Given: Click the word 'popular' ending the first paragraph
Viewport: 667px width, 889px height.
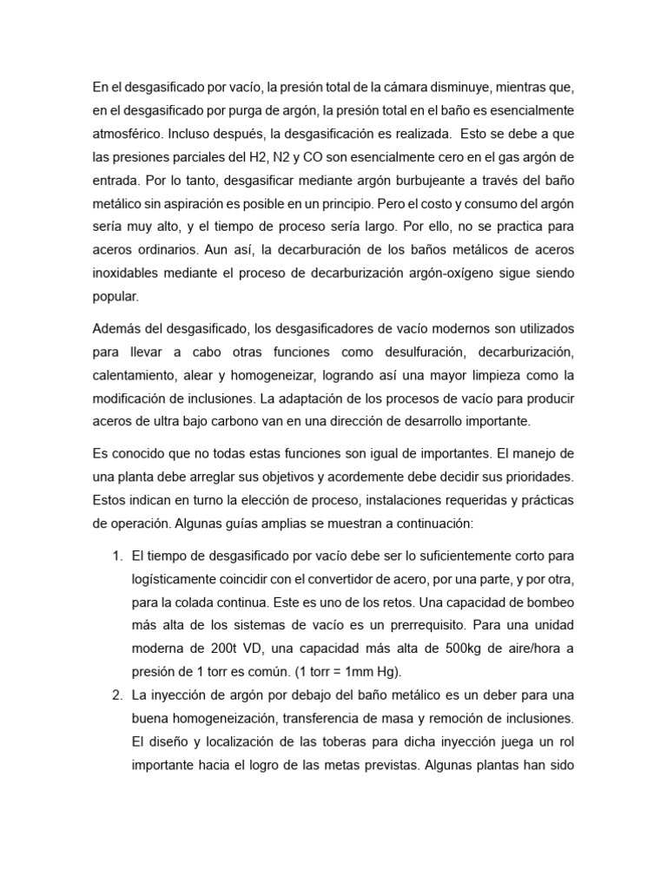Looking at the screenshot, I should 114,298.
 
